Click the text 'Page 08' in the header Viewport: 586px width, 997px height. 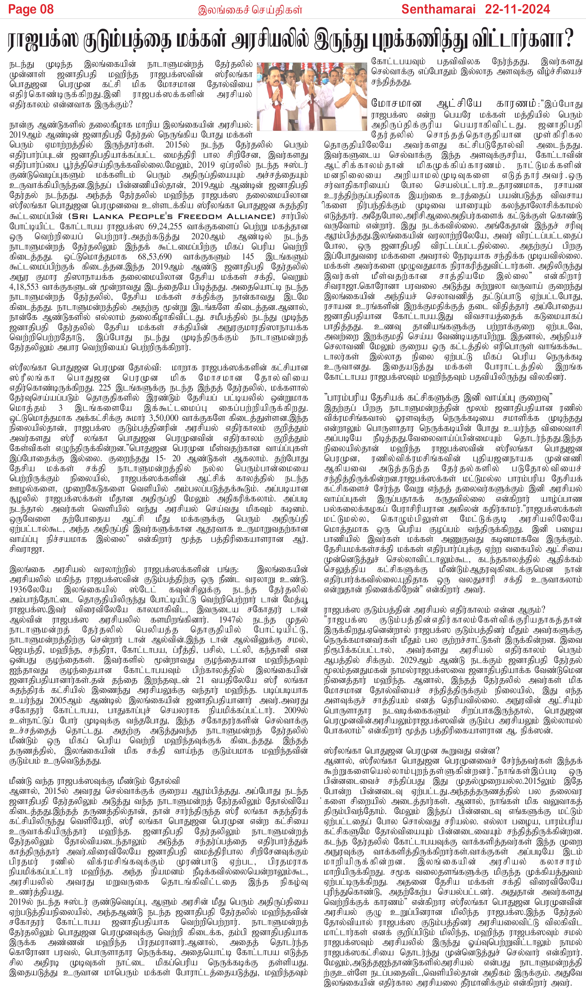[31, 9]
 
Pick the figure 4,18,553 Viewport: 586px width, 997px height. [25, 288]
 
